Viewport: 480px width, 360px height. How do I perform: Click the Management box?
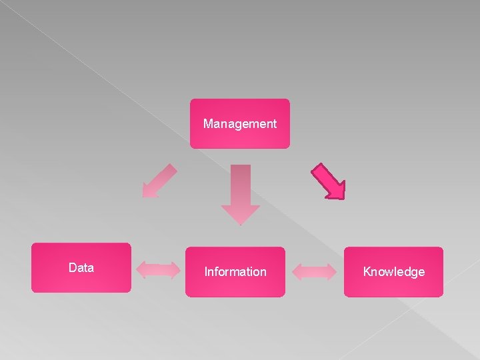pos(240,123)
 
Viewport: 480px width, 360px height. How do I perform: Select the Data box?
pos(81,267)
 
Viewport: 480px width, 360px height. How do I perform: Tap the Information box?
pos(235,271)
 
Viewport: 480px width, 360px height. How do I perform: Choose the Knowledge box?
pos(393,271)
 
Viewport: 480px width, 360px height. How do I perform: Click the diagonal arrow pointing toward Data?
pos(160,180)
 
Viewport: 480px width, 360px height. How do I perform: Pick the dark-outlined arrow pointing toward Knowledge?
pos(329,181)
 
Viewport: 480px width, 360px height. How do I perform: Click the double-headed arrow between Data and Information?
pos(158,270)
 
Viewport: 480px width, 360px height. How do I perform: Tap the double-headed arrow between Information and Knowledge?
pos(315,271)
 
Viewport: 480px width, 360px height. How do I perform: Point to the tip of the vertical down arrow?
pos(240,223)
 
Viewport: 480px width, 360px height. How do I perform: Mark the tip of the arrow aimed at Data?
pos(145,196)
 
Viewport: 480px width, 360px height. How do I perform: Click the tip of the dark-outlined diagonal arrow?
pos(343,197)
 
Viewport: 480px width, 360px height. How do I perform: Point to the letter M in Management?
pos(208,123)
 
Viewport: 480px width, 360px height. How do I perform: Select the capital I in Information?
pos(206,271)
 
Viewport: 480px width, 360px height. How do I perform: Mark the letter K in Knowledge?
pos(367,271)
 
